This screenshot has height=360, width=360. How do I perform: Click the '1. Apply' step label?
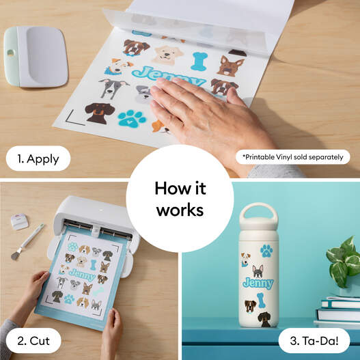[38, 159]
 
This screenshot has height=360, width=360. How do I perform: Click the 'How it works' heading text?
[180, 199]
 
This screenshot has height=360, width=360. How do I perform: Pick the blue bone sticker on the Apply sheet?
[199, 60]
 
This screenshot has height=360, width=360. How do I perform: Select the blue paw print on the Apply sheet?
[132, 118]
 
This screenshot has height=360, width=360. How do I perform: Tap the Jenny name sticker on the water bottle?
[257, 283]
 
